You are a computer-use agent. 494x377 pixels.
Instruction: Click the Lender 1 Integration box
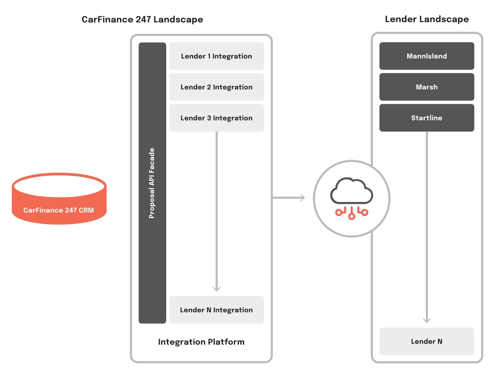coord(216,56)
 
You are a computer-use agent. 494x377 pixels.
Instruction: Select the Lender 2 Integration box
coord(216,87)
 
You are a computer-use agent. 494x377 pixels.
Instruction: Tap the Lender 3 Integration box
coord(216,118)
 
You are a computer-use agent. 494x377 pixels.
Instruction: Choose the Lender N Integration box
coord(216,310)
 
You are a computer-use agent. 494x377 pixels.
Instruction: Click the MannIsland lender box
coord(427,56)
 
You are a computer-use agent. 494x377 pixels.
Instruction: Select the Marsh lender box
coord(427,87)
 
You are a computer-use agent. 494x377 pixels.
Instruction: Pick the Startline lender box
coord(427,118)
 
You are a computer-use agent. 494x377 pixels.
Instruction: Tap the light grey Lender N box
coord(427,341)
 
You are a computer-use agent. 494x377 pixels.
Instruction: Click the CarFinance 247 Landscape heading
coord(142,20)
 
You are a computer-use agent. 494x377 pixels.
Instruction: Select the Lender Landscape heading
coord(427,19)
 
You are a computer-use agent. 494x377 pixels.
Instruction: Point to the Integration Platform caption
coord(201,342)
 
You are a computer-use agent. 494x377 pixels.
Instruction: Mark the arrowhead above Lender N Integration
coord(217,288)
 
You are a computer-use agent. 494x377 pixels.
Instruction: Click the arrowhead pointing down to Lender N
coord(427,320)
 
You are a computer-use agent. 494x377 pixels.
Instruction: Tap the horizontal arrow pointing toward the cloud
coord(288,198)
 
